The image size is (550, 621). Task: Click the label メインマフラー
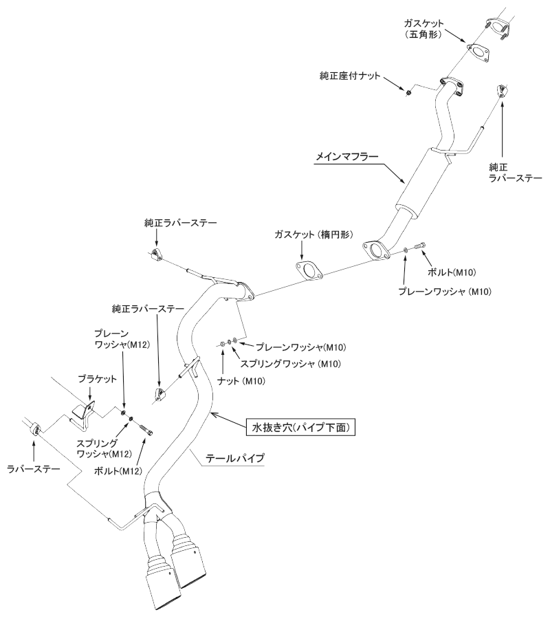346,157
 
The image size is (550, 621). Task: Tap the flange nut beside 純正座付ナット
408,91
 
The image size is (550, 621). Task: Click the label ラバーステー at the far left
33,468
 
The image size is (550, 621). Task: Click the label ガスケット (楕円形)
312,235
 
